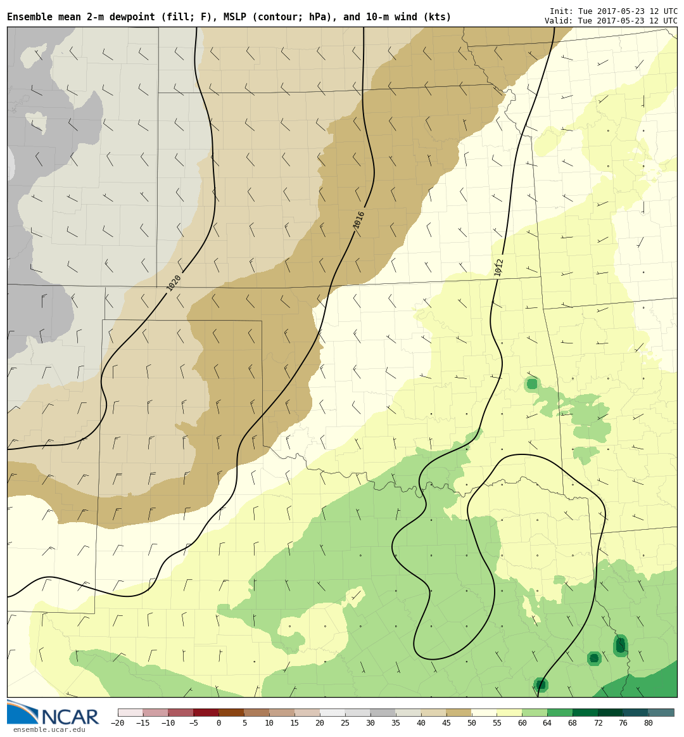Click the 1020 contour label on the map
click(174, 283)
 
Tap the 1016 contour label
click(359, 220)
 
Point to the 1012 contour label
click(499, 267)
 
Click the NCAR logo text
click(70, 717)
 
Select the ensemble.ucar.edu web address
click(49, 729)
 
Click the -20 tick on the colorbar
click(118, 723)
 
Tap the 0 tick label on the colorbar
click(218, 723)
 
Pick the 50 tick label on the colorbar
click(471, 723)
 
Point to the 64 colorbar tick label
click(547, 723)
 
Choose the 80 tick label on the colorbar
click(648, 723)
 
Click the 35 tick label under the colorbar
click(396, 723)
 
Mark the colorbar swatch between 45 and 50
click(459, 712)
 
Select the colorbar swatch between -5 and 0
click(206, 712)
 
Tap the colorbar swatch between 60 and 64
click(535, 712)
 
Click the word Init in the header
click(560, 11)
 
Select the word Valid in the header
click(558, 21)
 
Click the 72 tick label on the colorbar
click(598, 723)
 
